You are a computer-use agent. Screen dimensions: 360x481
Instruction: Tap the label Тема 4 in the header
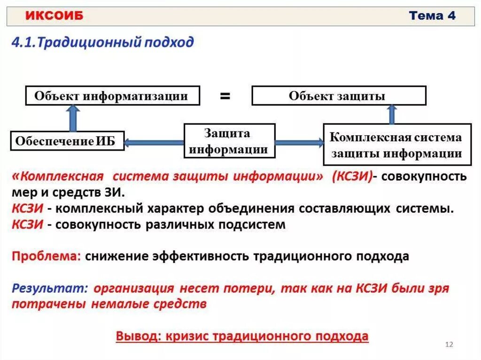click(x=432, y=16)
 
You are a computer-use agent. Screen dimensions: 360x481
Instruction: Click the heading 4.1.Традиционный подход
click(x=102, y=43)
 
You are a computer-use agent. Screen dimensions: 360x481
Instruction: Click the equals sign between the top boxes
click(x=225, y=96)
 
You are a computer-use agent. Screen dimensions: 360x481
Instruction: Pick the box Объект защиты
click(x=338, y=96)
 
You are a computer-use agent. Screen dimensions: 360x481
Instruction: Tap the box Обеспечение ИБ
click(x=67, y=141)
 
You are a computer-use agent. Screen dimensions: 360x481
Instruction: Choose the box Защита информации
click(x=229, y=141)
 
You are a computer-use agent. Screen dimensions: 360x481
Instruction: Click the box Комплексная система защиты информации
click(x=396, y=145)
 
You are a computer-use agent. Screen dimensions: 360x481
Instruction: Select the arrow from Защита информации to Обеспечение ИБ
click(x=154, y=142)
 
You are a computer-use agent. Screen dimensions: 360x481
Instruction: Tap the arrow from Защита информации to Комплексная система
click(x=299, y=142)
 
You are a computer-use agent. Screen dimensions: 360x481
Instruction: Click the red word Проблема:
click(x=47, y=257)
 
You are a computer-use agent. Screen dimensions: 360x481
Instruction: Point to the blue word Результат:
click(x=50, y=288)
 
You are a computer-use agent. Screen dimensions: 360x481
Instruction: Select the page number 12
click(x=449, y=345)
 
